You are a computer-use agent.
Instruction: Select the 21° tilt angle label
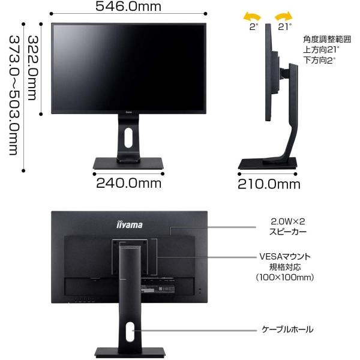point(284,26)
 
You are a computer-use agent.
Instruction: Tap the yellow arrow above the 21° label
point(283,14)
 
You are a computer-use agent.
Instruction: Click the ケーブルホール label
point(287,329)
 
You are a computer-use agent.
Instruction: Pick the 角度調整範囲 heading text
point(328,37)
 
